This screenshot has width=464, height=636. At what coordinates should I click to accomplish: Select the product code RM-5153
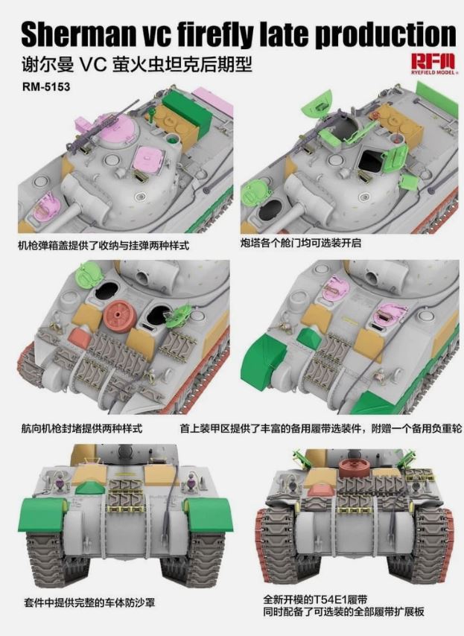(x=46, y=86)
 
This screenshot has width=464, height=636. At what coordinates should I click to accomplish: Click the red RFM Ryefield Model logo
(x=433, y=64)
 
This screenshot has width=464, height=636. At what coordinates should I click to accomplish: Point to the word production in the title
(x=386, y=35)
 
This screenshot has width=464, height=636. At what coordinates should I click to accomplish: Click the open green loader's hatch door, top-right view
(x=395, y=160)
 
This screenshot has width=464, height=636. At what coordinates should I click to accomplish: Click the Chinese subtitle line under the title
(x=137, y=65)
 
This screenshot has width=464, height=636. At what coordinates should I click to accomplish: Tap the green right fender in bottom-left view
(x=209, y=515)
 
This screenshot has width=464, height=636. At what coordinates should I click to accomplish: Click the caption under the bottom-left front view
(x=89, y=602)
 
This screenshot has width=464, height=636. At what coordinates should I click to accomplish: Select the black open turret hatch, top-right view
(x=370, y=159)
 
